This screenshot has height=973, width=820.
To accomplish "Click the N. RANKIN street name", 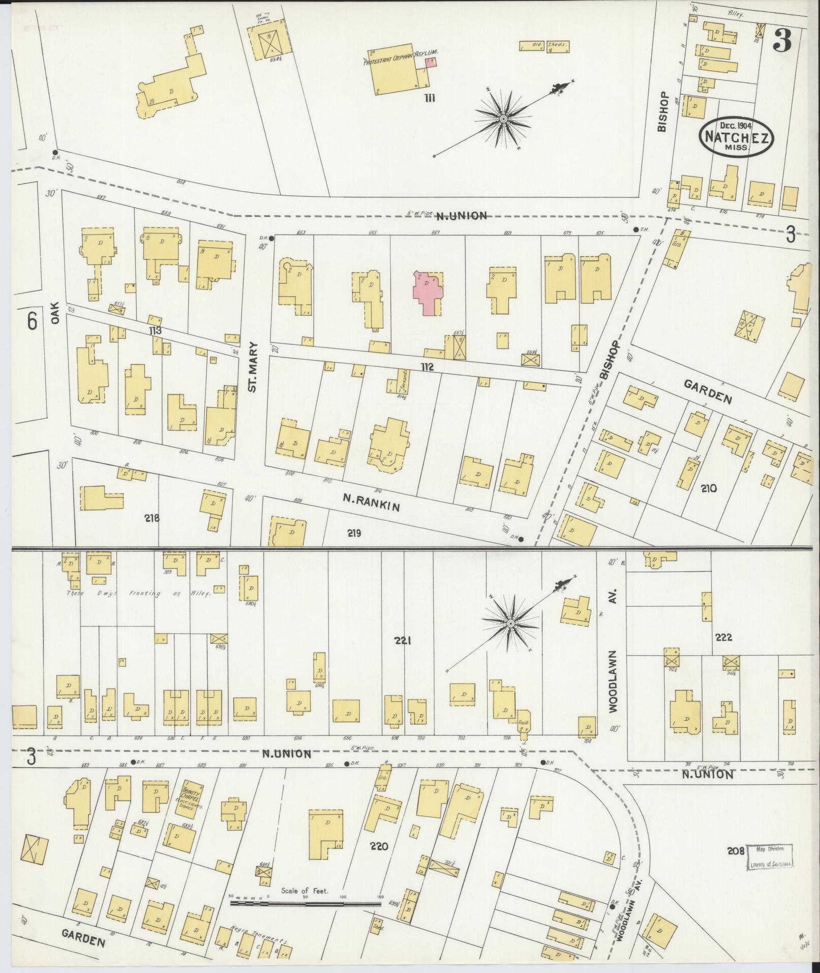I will pos(371,504).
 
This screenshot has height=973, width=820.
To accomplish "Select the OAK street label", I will pos(55,313).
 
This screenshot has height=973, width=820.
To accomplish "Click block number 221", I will pos(402,641).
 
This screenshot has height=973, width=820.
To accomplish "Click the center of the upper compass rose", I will pos(503,119).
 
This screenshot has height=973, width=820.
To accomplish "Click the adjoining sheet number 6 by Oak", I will pos(32,321).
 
